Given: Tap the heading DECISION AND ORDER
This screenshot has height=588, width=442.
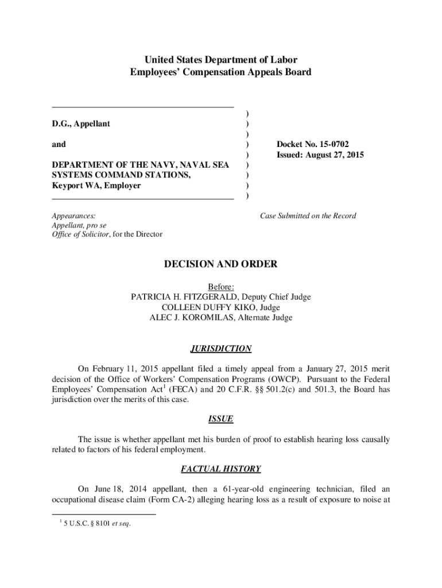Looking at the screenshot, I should pyautogui.click(x=221, y=264).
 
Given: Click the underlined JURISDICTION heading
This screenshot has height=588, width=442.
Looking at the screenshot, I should pyautogui.click(x=221, y=349).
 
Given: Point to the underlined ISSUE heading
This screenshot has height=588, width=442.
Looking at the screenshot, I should pyautogui.click(x=221, y=419).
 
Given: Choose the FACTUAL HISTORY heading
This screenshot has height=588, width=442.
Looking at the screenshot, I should pyautogui.click(x=221, y=469).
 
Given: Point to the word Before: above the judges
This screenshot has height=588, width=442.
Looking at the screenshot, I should pyautogui.click(x=221, y=287).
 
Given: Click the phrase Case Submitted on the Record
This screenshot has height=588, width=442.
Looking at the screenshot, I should pyautogui.click(x=308, y=216).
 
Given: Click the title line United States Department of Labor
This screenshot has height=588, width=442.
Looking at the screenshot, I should pyautogui.click(x=221, y=60).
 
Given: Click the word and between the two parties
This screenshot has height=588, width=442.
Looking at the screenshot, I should pyautogui.click(x=59, y=144).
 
